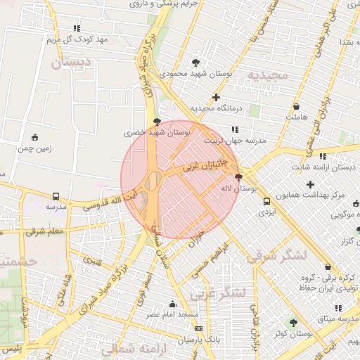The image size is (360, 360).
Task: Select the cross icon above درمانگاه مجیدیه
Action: tap(216, 97)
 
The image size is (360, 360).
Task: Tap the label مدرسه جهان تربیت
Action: tap(235, 141)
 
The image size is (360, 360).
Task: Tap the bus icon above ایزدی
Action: tap(266, 202)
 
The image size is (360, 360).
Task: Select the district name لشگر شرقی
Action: tap(276, 256)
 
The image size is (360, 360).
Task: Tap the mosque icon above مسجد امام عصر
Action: tap(172, 304)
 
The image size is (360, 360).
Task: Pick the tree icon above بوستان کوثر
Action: tap(293, 323)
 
